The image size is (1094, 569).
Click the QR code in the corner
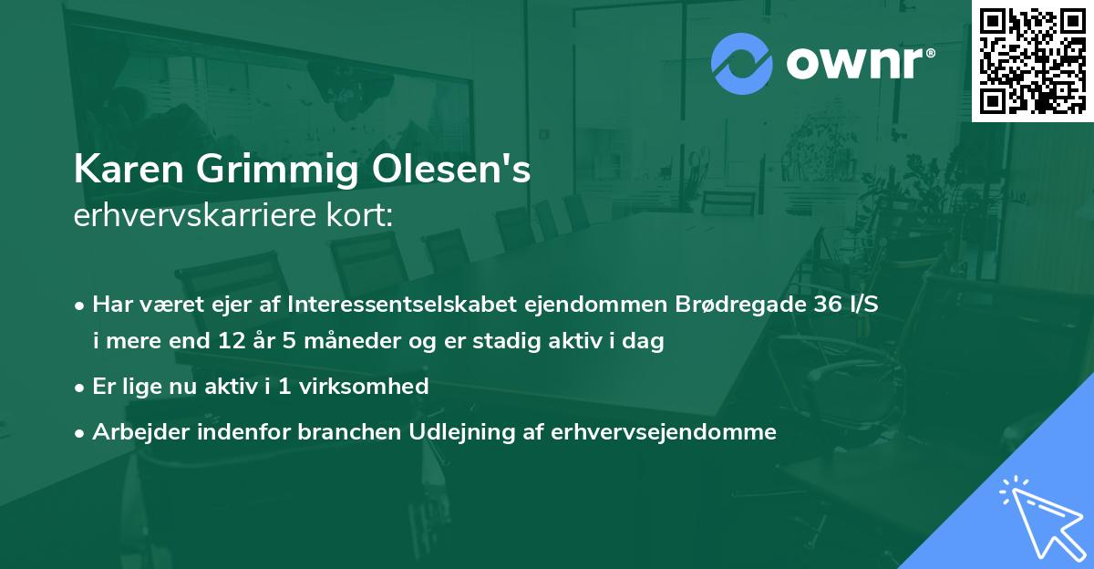point(1032,61)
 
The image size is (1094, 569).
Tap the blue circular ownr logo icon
point(742,63)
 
